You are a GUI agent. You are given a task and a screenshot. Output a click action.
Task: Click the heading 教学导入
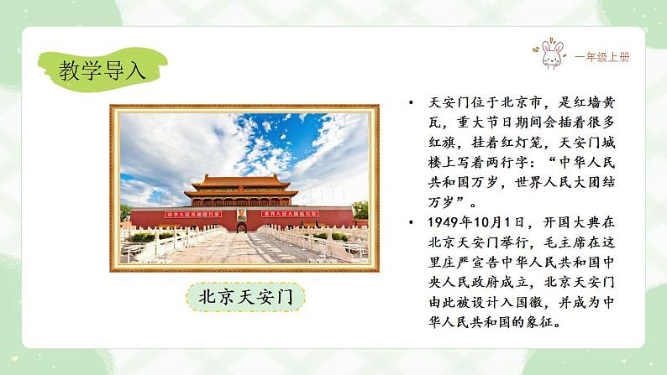pos(102,70)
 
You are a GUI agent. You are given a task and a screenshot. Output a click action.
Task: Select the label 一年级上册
pos(601,57)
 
